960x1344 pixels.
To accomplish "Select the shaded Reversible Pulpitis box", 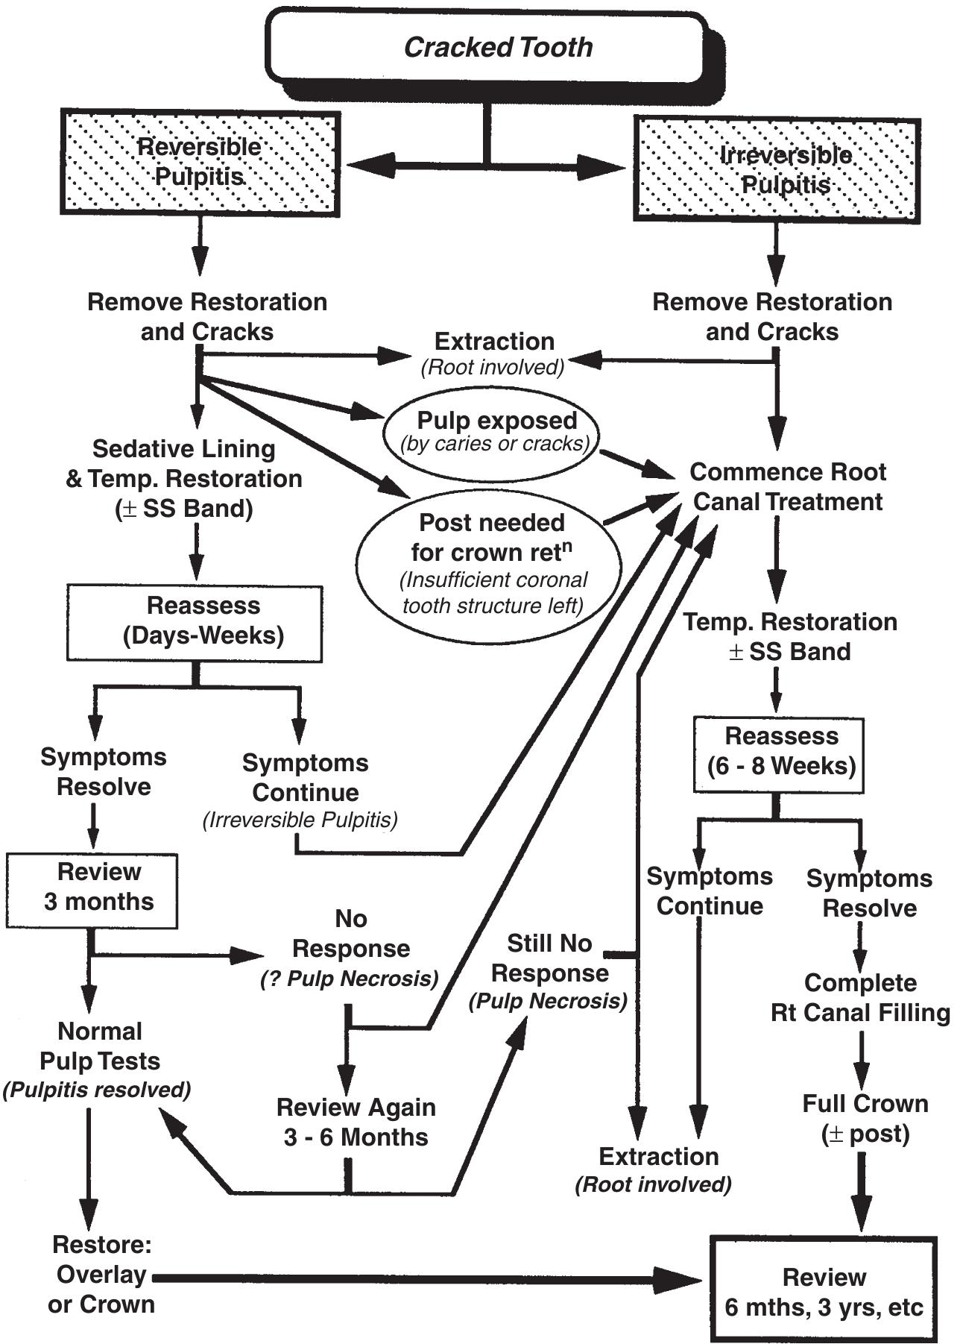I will point(200,163).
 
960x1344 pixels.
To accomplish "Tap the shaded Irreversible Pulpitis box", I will point(776,169).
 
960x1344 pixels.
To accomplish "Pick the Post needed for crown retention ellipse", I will point(490,563).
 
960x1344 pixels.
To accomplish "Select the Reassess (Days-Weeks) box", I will point(195,621).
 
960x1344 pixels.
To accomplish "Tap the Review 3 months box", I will point(92,888).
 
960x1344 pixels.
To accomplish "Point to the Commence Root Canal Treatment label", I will point(787,486).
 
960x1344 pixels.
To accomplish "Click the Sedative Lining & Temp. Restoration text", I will point(183,478).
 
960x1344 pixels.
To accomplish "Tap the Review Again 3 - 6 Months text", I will point(356,1122).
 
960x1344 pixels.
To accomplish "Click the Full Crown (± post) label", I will point(865,1119).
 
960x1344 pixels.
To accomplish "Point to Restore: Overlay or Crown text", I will point(101,1275).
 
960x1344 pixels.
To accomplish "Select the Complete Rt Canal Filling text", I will point(860,998).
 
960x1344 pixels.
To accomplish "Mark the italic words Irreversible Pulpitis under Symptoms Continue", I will point(300,820).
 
